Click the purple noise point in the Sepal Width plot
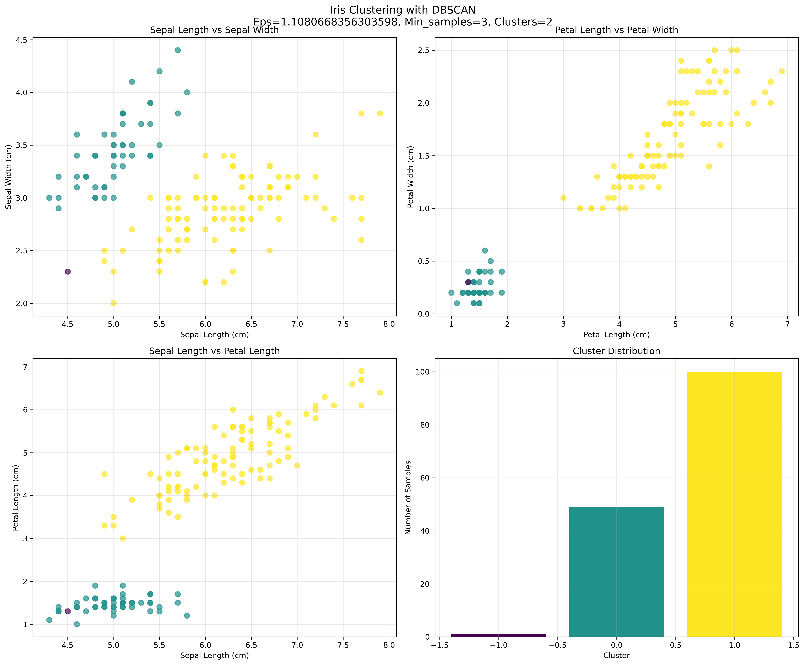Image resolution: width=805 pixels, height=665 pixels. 67,272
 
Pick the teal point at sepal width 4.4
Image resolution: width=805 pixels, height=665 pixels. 178,50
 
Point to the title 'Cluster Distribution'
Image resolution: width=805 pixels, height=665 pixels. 616,351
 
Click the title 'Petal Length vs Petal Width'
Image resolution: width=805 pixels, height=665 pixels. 616,30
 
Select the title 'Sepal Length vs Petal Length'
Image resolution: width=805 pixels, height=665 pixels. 214,351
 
